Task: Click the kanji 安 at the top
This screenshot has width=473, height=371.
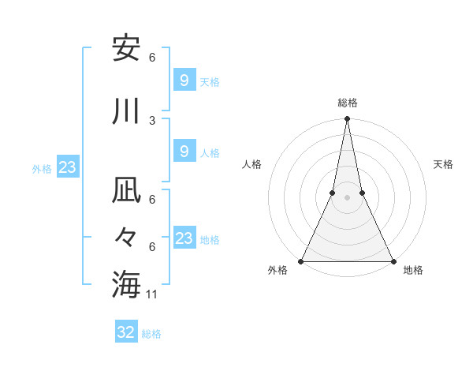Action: click(x=126, y=49)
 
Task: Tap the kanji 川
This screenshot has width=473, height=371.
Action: click(x=126, y=111)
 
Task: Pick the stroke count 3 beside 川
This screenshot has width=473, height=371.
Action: click(x=152, y=120)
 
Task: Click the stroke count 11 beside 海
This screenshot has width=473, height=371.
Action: click(x=153, y=294)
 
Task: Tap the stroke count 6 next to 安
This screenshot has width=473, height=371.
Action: click(x=152, y=58)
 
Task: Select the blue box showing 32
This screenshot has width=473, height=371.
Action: click(x=126, y=332)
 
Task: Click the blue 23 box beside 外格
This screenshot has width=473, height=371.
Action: click(x=67, y=167)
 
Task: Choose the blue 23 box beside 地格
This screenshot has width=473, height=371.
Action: click(x=184, y=238)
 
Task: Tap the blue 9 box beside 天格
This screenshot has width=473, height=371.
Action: click(x=184, y=80)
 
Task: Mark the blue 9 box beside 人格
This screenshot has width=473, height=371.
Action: click(x=184, y=152)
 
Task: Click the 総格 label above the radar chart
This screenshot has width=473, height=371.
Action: click(x=348, y=103)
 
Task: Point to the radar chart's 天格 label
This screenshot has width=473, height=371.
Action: click(x=444, y=164)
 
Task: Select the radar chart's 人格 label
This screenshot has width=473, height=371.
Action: click(x=251, y=164)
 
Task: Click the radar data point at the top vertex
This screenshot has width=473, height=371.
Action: click(x=347, y=119)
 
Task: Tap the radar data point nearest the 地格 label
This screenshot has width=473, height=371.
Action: click(x=393, y=261)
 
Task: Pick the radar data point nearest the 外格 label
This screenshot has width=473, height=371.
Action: click(x=301, y=261)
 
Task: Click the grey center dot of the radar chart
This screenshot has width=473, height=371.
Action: click(x=347, y=197)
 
